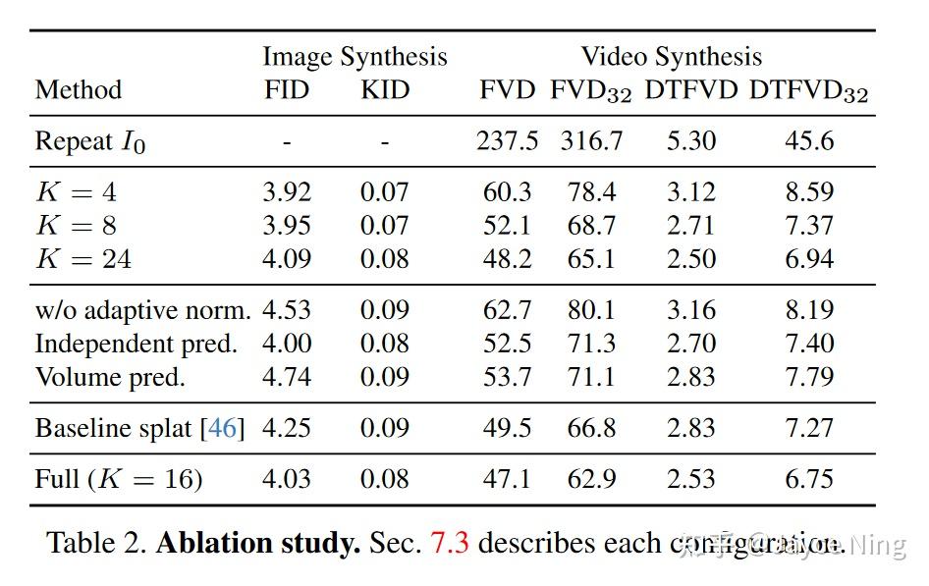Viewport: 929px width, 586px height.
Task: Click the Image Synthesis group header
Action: coord(355,57)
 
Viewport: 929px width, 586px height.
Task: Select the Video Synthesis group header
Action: coord(671,57)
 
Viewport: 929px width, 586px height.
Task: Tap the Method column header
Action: coord(79,90)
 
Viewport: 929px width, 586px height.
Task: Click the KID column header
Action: coord(385,90)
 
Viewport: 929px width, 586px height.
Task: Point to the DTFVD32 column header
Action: coord(808,91)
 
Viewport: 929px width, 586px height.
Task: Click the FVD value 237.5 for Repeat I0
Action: coord(507,141)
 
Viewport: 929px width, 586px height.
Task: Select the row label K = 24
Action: coord(83,259)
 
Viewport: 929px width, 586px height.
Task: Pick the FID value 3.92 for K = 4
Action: coord(287,192)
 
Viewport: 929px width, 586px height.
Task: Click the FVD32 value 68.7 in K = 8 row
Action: coord(591,226)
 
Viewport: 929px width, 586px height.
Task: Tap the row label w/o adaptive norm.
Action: coord(143,310)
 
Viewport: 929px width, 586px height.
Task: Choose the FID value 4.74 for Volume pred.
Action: coord(287,377)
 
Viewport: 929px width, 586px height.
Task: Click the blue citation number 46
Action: coord(223,428)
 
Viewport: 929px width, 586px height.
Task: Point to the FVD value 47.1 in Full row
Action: coord(507,479)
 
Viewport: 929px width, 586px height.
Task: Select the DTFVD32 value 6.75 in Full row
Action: coord(808,479)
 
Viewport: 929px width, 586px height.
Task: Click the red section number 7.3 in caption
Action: coord(450,543)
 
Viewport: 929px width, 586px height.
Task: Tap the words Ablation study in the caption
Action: coord(257,543)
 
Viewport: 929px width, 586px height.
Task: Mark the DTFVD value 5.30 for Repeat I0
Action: coord(690,141)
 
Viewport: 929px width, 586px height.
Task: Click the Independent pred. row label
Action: coord(137,344)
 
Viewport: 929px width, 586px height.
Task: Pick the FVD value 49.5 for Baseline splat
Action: coord(507,428)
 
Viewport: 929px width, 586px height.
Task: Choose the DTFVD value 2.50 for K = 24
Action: coord(690,259)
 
